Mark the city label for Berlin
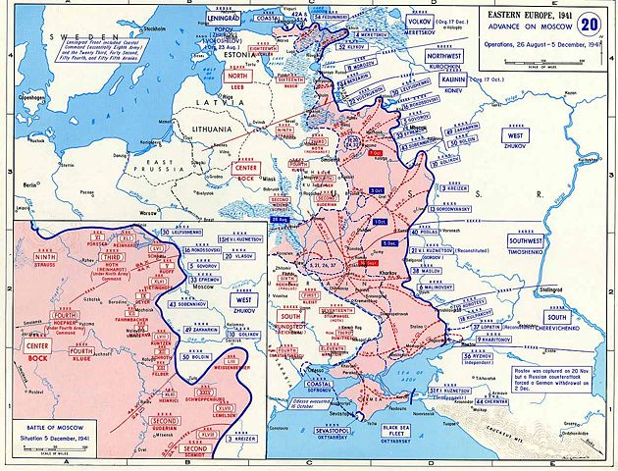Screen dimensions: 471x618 pos(32,184)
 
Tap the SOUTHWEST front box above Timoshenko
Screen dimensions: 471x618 pos(531,240)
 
